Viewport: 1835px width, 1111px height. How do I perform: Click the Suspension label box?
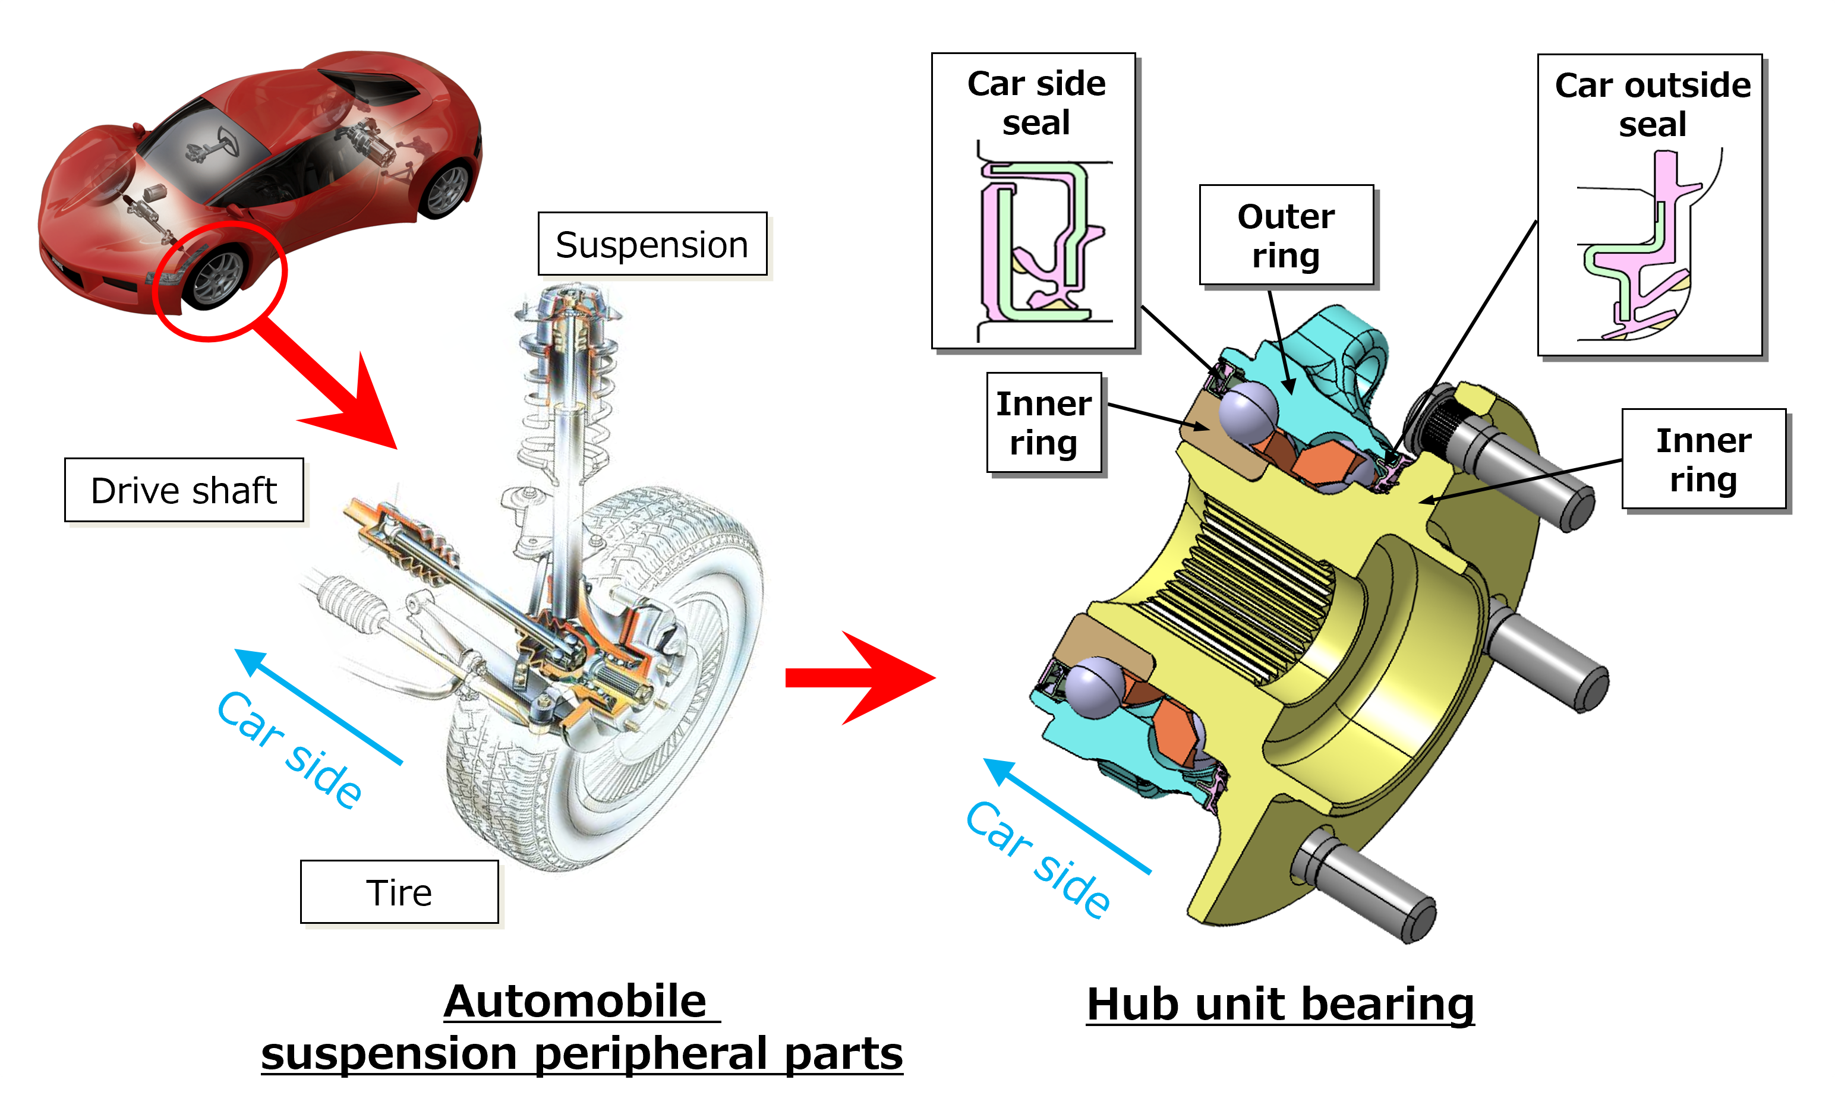(652, 244)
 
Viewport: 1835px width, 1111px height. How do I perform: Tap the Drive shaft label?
(184, 491)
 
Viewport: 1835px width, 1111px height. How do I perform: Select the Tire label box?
(399, 892)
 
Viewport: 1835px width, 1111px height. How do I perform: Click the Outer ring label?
(1286, 235)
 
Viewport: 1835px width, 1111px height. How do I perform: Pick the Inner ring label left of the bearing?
(1043, 423)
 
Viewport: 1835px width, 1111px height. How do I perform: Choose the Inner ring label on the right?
(1703, 459)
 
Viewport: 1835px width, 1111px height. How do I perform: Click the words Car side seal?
(1036, 103)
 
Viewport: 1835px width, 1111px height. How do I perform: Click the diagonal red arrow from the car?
(335, 387)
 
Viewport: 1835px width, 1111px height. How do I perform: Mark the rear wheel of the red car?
(447, 190)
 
